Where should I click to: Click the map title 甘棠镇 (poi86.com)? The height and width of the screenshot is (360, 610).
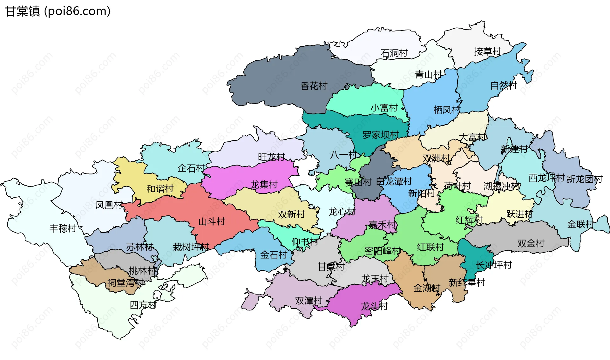click(x=58, y=11)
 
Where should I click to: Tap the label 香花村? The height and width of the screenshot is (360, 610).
click(x=314, y=86)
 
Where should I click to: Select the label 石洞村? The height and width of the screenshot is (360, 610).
click(x=394, y=53)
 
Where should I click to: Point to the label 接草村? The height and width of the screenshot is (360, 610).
click(x=487, y=51)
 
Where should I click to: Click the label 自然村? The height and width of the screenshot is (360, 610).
click(x=504, y=85)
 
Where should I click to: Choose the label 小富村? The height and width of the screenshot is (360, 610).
click(x=384, y=108)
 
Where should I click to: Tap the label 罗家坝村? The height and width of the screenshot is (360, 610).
click(x=380, y=135)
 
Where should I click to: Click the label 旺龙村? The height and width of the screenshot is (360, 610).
click(x=271, y=157)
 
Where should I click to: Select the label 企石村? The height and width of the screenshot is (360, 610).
click(x=191, y=168)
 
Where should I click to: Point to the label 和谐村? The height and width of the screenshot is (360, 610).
click(x=160, y=189)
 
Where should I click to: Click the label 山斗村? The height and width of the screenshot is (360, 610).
click(x=212, y=221)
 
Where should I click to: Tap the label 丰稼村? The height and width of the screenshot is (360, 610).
click(x=63, y=228)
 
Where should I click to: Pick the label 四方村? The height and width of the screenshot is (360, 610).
click(x=143, y=305)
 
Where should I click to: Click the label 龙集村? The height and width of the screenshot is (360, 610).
click(x=264, y=185)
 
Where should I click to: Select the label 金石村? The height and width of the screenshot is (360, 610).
click(x=274, y=255)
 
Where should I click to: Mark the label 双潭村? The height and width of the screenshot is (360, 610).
click(x=308, y=301)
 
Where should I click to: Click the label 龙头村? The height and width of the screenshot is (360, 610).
click(x=374, y=306)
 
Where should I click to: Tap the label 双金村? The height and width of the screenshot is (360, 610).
click(x=531, y=243)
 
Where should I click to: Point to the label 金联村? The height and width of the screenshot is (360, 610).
click(x=580, y=224)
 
